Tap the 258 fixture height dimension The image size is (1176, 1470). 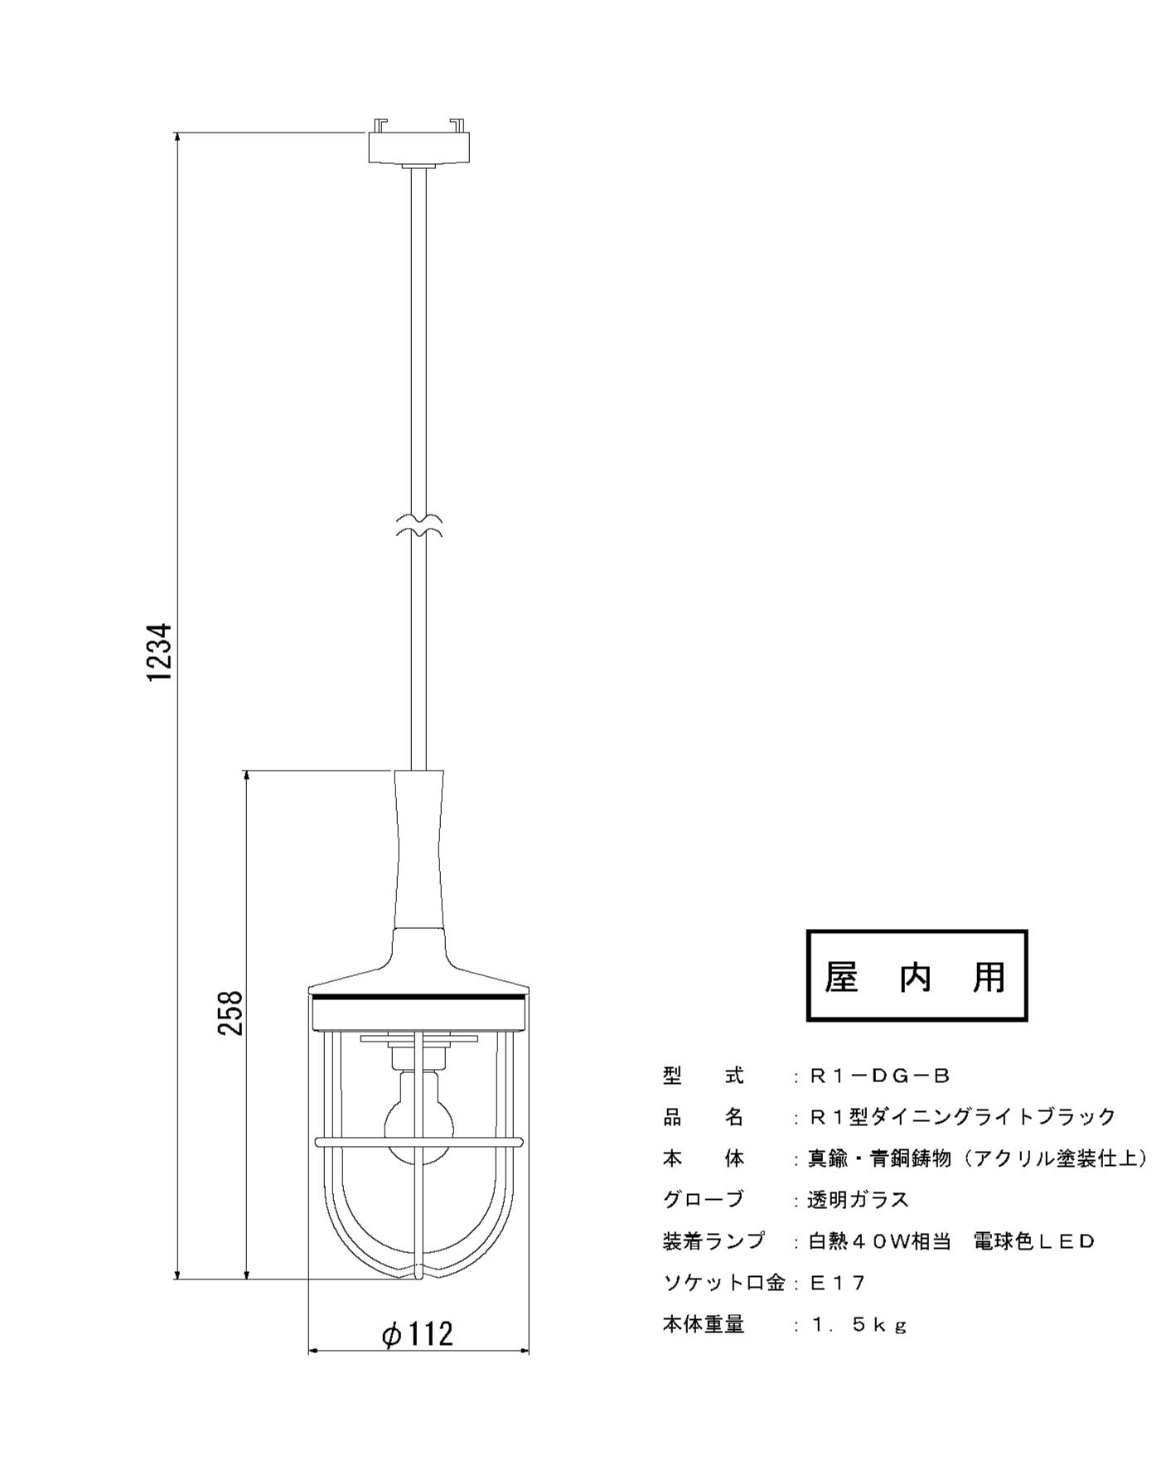[x=230, y=1013]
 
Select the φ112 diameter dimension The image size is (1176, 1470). [x=418, y=1333]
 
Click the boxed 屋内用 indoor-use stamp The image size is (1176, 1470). [x=917, y=975]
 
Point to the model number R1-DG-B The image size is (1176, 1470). [x=879, y=1076]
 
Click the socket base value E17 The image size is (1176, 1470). [x=837, y=1284]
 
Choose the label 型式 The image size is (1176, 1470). [x=704, y=1076]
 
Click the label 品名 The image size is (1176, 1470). [x=704, y=1117]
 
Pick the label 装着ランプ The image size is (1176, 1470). [x=714, y=1241]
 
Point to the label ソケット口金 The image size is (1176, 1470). [x=724, y=1284]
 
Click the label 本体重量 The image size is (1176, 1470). [x=704, y=1325]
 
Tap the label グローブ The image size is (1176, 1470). [x=704, y=1200]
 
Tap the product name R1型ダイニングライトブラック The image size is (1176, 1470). [x=962, y=1117]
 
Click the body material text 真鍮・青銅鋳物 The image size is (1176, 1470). [x=879, y=1158]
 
